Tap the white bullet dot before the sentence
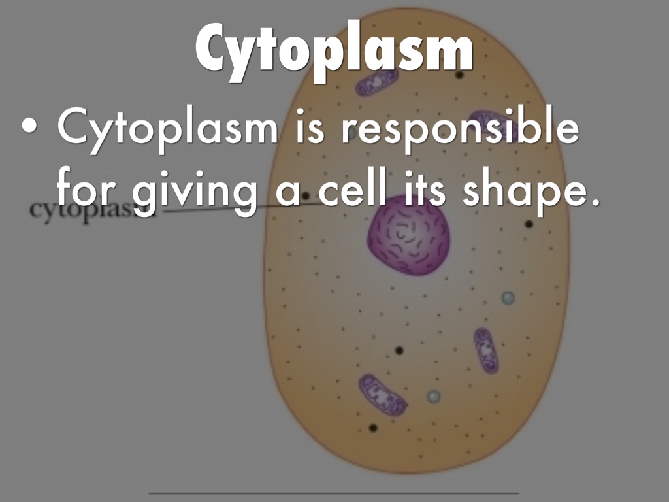click(x=29, y=126)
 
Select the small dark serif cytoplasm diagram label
click(x=92, y=210)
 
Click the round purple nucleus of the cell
click(x=408, y=235)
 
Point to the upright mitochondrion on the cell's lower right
click(x=486, y=350)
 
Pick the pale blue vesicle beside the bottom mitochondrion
click(x=434, y=397)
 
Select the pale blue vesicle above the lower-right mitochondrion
click(x=508, y=297)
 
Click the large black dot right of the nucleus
click(x=529, y=224)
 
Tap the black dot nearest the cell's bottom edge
click(x=373, y=427)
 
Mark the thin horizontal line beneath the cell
click(x=334, y=493)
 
